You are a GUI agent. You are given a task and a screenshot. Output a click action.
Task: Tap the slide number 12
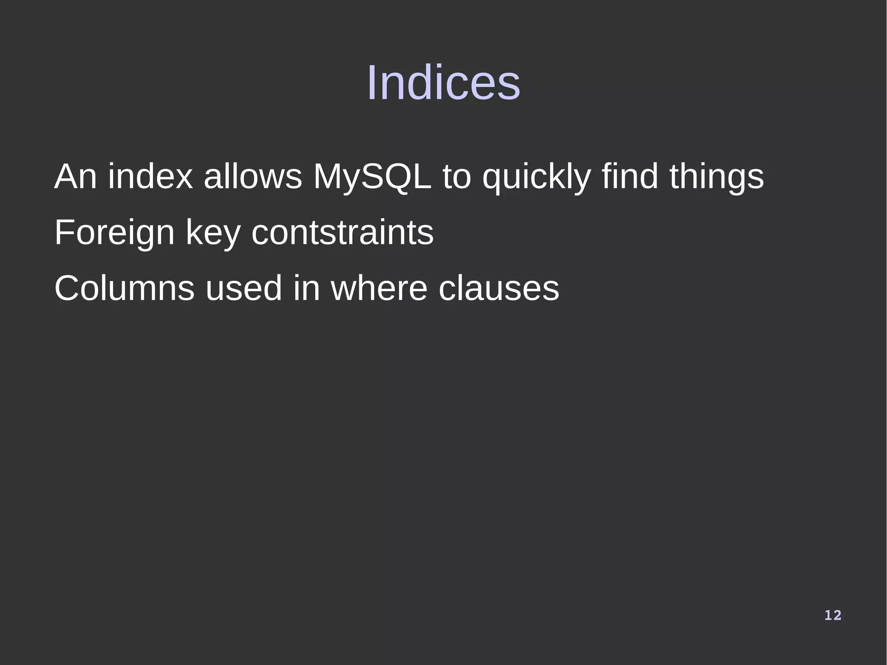pyautogui.click(x=832, y=615)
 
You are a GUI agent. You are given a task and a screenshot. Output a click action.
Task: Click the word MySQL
pyautogui.click(x=372, y=177)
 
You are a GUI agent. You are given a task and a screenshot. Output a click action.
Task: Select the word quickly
pyautogui.click(x=536, y=177)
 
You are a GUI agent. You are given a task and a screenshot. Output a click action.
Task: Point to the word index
pyautogui.click(x=150, y=177)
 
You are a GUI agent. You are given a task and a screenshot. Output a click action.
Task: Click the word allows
pyautogui.click(x=253, y=177)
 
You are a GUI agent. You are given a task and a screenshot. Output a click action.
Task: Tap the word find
pyautogui.click(x=630, y=177)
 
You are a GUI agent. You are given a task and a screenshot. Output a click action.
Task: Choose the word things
pyautogui.click(x=716, y=177)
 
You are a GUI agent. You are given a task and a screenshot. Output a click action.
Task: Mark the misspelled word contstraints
pyautogui.click(x=342, y=233)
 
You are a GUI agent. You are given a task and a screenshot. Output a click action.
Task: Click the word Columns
pyautogui.click(x=124, y=289)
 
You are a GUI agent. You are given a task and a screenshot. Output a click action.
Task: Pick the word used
pyautogui.click(x=243, y=289)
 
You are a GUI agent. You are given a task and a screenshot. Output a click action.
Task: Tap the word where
pyautogui.click(x=379, y=289)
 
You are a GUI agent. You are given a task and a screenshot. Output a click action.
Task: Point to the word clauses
pyautogui.click(x=499, y=289)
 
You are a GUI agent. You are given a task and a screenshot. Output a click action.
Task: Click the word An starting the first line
pyautogui.click(x=75, y=177)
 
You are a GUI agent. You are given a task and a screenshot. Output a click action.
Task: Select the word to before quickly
pyautogui.click(x=456, y=177)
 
